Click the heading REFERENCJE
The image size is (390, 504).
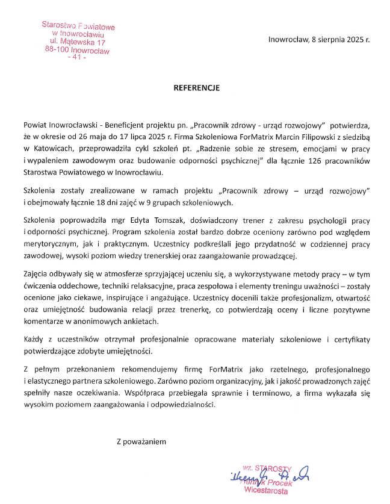197,88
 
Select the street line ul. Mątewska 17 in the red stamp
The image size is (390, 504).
78,43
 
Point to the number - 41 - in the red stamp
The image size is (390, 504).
78,59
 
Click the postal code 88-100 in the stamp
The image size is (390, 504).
57,51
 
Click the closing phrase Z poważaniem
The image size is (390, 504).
140,441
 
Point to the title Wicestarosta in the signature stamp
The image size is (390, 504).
266,491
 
